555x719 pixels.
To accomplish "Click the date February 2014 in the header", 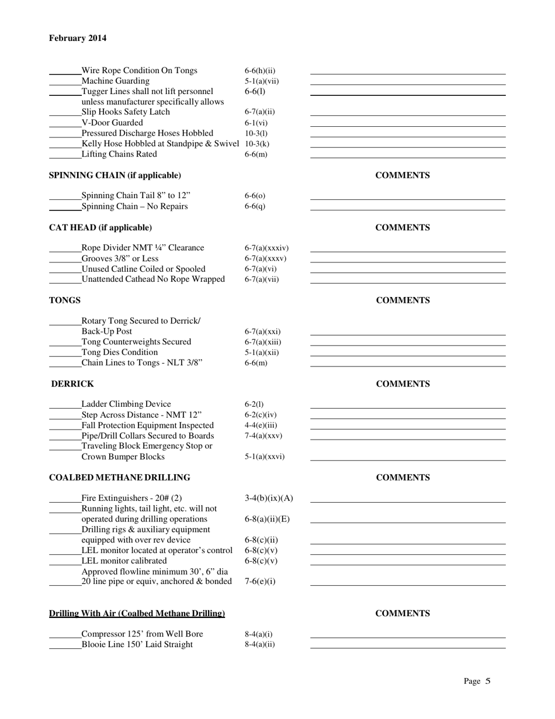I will [78, 39].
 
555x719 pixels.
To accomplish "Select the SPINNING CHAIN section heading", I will [115, 175].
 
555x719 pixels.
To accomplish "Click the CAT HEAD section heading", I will [100, 227].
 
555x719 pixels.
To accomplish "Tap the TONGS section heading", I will [65, 300].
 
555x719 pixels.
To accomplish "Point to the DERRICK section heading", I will [72, 384].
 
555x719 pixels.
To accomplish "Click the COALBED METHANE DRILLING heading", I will [119, 478].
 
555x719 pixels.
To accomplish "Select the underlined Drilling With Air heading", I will [137, 613].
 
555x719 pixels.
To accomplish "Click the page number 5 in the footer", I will [487, 681].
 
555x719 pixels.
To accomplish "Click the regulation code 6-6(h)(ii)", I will [260, 71].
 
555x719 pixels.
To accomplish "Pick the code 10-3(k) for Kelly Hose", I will [257, 144].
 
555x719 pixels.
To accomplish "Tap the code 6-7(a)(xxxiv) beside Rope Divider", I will [266, 248].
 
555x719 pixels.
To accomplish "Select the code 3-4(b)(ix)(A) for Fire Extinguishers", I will [269, 498].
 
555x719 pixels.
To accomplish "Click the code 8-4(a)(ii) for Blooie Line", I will [259, 644].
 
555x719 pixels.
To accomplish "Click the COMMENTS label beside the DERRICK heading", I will [403, 384].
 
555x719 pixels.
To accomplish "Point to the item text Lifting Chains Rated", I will [119, 154].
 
